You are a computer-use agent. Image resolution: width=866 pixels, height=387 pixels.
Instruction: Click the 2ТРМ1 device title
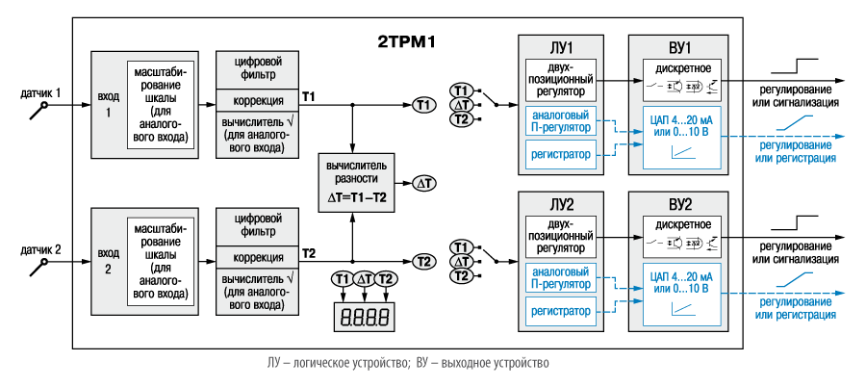(406, 42)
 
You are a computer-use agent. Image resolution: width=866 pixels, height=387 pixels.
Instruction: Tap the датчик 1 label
(41, 93)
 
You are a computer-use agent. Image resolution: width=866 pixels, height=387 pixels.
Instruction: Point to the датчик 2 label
(41, 250)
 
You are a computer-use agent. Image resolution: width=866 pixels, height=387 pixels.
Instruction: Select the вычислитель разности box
(357, 181)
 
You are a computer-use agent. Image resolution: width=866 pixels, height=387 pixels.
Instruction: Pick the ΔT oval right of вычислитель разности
(423, 182)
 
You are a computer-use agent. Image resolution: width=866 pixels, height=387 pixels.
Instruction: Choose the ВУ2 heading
(679, 205)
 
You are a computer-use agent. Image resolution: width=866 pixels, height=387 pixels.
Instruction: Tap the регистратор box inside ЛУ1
(561, 151)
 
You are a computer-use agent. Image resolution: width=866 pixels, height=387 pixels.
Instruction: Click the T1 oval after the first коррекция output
(423, 104)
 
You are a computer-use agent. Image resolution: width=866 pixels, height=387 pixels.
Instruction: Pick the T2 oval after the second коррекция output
(423, 261)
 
